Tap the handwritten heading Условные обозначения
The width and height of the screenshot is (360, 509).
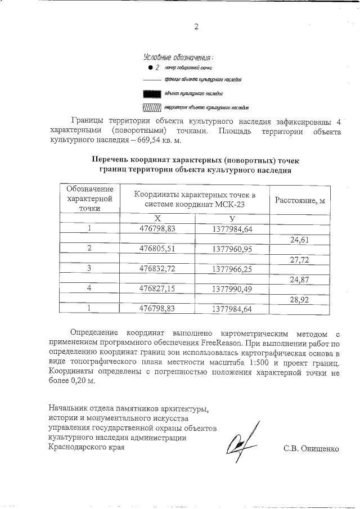[x=178, y=57]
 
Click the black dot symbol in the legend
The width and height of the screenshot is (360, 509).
[x=151, y=67]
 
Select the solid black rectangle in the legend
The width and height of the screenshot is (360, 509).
[x=152, y=93]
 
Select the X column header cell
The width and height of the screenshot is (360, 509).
[x=157, y=218]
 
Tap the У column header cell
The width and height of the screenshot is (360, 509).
[x=232, y=218]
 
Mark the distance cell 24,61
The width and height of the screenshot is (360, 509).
[x=300, y=239]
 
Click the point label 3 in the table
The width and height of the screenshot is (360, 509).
[x=89, y=268]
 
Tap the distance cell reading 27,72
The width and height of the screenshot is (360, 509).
[x=300, y=259]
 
